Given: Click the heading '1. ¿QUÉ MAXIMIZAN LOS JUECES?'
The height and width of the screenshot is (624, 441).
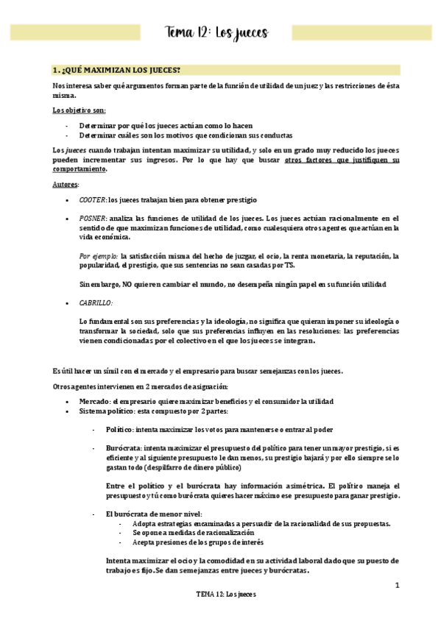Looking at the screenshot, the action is (x=116, y=71).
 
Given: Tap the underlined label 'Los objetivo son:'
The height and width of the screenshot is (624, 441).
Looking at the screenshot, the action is (x=74, y=110).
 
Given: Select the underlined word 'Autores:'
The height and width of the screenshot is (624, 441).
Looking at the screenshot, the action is (x=66, y=183).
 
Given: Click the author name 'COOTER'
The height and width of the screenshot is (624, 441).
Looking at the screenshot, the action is (x=92, y=200).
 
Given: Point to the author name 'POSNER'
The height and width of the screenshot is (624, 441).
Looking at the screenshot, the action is (x=93, y=219).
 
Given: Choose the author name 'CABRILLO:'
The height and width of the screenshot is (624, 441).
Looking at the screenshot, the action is (x=96, y=302).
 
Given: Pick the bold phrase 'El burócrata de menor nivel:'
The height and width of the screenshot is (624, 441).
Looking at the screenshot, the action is (x=154, y=513).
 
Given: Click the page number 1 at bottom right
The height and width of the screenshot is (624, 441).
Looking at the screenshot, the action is (x=397, y=586).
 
